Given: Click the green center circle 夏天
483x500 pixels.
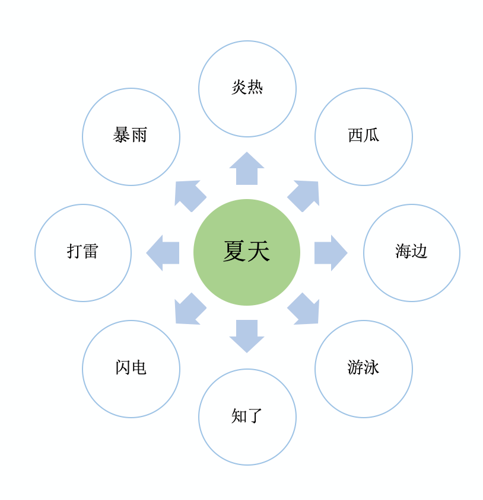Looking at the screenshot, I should [247, 252].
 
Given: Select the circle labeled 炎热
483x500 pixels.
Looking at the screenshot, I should [247, 89].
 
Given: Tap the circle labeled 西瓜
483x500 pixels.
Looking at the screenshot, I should [363, 137].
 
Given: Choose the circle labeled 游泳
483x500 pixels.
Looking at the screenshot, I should [363, 368].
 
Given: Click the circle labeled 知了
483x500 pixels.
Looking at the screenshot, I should [247, 417].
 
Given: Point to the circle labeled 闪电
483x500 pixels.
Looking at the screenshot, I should [131, 368].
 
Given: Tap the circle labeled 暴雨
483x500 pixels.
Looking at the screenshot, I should [131, 137].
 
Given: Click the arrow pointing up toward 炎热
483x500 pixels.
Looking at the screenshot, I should [247, 169].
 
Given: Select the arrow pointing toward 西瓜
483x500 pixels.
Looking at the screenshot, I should [304, 195].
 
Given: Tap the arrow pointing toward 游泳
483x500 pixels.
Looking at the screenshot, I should [304, 310].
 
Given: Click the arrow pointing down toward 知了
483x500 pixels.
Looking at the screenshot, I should [247, 335].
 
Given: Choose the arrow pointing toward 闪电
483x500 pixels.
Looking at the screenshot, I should [189, 310].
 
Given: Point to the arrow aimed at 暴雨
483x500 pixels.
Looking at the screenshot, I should [189, 195].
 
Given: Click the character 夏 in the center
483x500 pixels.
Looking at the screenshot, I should [234, 251].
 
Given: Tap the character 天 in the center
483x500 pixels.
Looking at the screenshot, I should [259, 251].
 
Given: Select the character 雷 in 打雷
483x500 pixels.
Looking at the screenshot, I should [91, 251].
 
